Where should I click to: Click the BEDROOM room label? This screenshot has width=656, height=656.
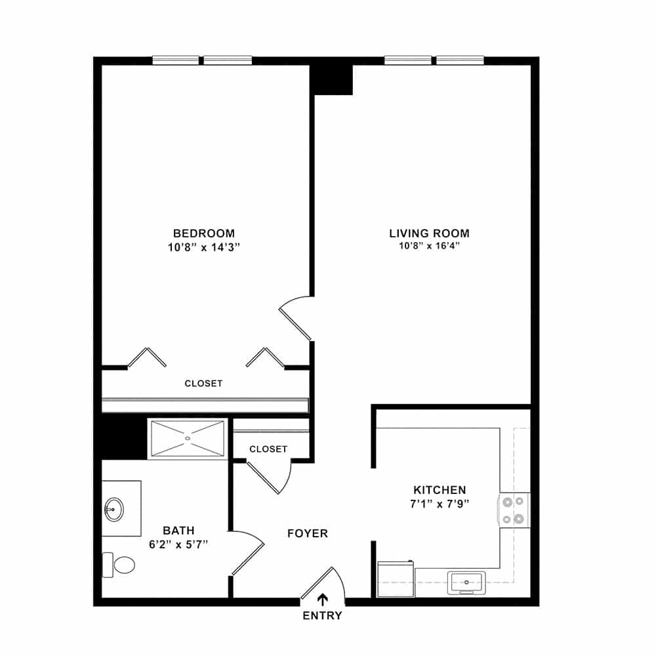pos(204,233)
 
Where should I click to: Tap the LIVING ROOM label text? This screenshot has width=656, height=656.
pos(429,233)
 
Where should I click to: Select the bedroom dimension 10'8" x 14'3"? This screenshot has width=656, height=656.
pos(204,247)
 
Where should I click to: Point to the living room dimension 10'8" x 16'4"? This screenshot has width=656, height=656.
pos(429,245)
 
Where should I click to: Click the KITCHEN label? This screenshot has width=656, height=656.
pos(440,489)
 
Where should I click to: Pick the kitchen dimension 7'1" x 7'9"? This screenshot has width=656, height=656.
pos(440,504)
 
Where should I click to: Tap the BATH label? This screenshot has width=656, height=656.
pos(178,531)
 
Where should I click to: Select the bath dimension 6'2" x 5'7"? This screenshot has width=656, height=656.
pos(178,544)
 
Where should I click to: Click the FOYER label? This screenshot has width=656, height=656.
pos(308,533)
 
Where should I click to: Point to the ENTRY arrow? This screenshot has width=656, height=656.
pos(322,600)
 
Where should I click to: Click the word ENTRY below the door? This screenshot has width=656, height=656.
pos(322,615)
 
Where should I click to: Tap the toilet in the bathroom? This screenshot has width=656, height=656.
pos(119,565)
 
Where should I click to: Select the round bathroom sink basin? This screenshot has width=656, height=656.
pos(113,509)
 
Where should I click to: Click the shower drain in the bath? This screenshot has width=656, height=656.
pos(188,438)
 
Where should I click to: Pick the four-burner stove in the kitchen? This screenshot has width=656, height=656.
pos(514,510)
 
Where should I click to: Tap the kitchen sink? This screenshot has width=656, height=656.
pos(466,583)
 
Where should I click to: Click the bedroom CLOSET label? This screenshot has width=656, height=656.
pos(204,383)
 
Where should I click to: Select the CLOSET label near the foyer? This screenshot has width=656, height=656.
pos(268,449)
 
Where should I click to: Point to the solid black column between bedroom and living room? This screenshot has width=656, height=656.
pos(331,79)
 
